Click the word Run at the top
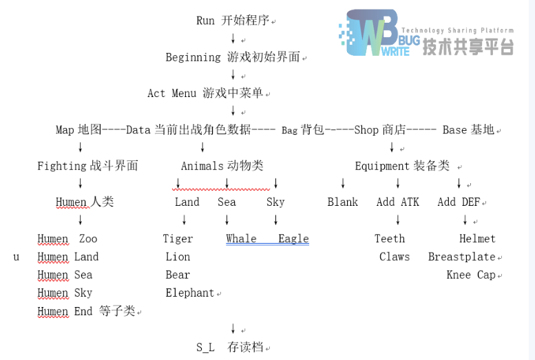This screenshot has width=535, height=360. pos(205,21)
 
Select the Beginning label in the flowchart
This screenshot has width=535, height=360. pos(193,57)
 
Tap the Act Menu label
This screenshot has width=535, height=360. pos(171,93)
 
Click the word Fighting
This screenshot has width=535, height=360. pos(62,166)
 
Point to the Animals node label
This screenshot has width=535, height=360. pos(202,166)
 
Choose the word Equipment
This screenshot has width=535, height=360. pos(382,166)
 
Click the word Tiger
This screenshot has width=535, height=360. pos(178,239)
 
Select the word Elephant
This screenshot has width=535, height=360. pos(189,293)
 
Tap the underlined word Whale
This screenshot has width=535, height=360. pos(241,239)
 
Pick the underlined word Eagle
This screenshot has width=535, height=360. pos(293,239)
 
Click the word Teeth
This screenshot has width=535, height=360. pos(390,239)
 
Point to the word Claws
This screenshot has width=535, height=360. pos(395,257)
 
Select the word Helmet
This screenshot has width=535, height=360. pos(477,239)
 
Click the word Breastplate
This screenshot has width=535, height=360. pos(461,257)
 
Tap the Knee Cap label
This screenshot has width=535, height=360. pos(471,275)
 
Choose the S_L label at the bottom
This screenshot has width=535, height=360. pos(205,348)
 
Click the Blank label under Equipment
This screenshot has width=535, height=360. pos(343,202)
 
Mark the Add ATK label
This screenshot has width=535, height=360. pos(398,202)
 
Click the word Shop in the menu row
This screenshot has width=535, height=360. pos(366,129)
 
